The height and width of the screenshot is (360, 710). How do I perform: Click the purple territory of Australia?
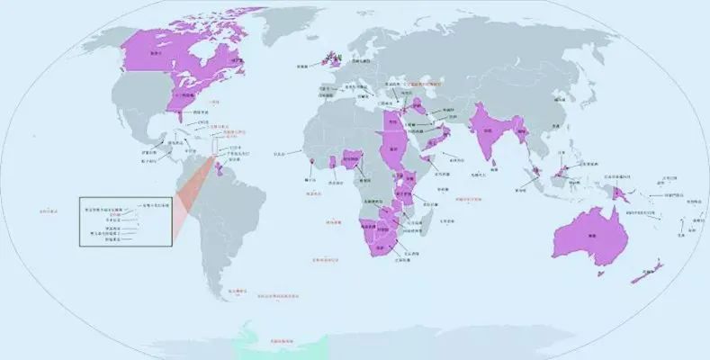[589, 236]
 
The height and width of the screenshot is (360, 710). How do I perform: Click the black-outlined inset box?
[125, 220]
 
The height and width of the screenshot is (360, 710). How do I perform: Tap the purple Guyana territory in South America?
[236, 171]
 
